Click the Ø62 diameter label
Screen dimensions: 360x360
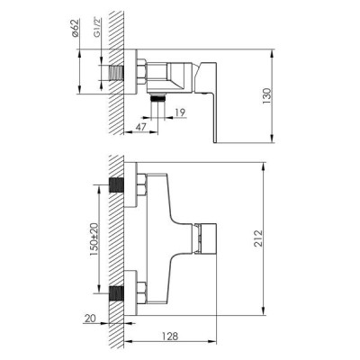(x=76, y=28)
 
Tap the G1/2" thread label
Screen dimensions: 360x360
(x=97, y=28)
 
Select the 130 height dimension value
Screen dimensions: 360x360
(x=266, y=96)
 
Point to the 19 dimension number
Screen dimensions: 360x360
(x=180, y=112)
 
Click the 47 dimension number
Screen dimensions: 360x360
(x=140, y=127)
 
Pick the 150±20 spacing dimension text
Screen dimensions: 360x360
(x=94, y=238)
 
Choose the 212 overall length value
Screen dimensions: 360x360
(x=258, y=238)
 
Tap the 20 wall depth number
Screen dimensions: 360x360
(x=90, y=319)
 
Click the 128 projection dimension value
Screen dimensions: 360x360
(x=169, y=337)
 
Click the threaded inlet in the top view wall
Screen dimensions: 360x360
(x=116, y=73)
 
